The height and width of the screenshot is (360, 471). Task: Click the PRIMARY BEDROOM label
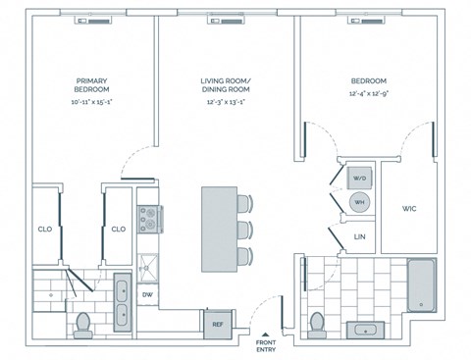point(90,85)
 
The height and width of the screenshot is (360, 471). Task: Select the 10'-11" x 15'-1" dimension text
point(90,102)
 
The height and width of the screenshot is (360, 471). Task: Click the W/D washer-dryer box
point(358,178)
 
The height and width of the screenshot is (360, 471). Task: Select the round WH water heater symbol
point(358,202)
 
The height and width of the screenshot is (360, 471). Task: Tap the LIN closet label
point(359,236)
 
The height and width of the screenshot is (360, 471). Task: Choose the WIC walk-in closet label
point(409,209)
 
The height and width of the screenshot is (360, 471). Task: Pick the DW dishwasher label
point(147,294)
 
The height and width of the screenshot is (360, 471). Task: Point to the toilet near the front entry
point(317,323)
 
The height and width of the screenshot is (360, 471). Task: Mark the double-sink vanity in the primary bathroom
point(121,300)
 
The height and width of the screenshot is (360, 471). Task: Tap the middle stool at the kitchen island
point(244,231)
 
